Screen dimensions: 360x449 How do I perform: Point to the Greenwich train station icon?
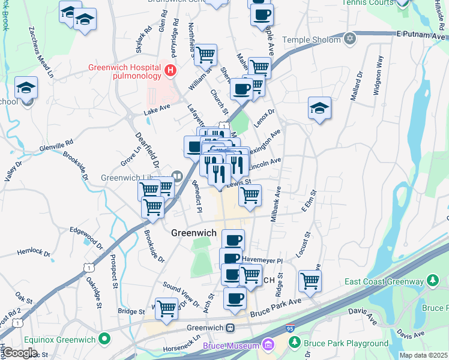click(x=230, y=328)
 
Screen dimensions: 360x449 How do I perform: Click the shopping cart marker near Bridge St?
click(x=166, y=308)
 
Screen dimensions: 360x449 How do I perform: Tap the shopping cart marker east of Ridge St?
click(x=310, y=280)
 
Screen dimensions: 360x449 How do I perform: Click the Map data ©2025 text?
click(x=423, y=355)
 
